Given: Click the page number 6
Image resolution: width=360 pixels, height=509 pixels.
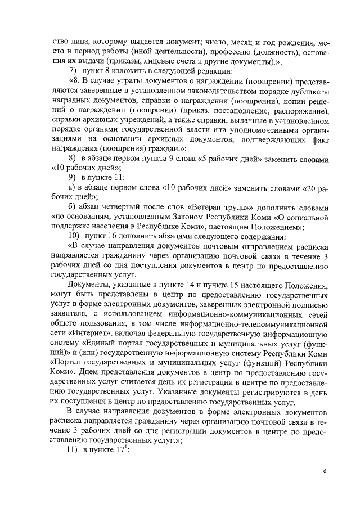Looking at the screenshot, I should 325,470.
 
